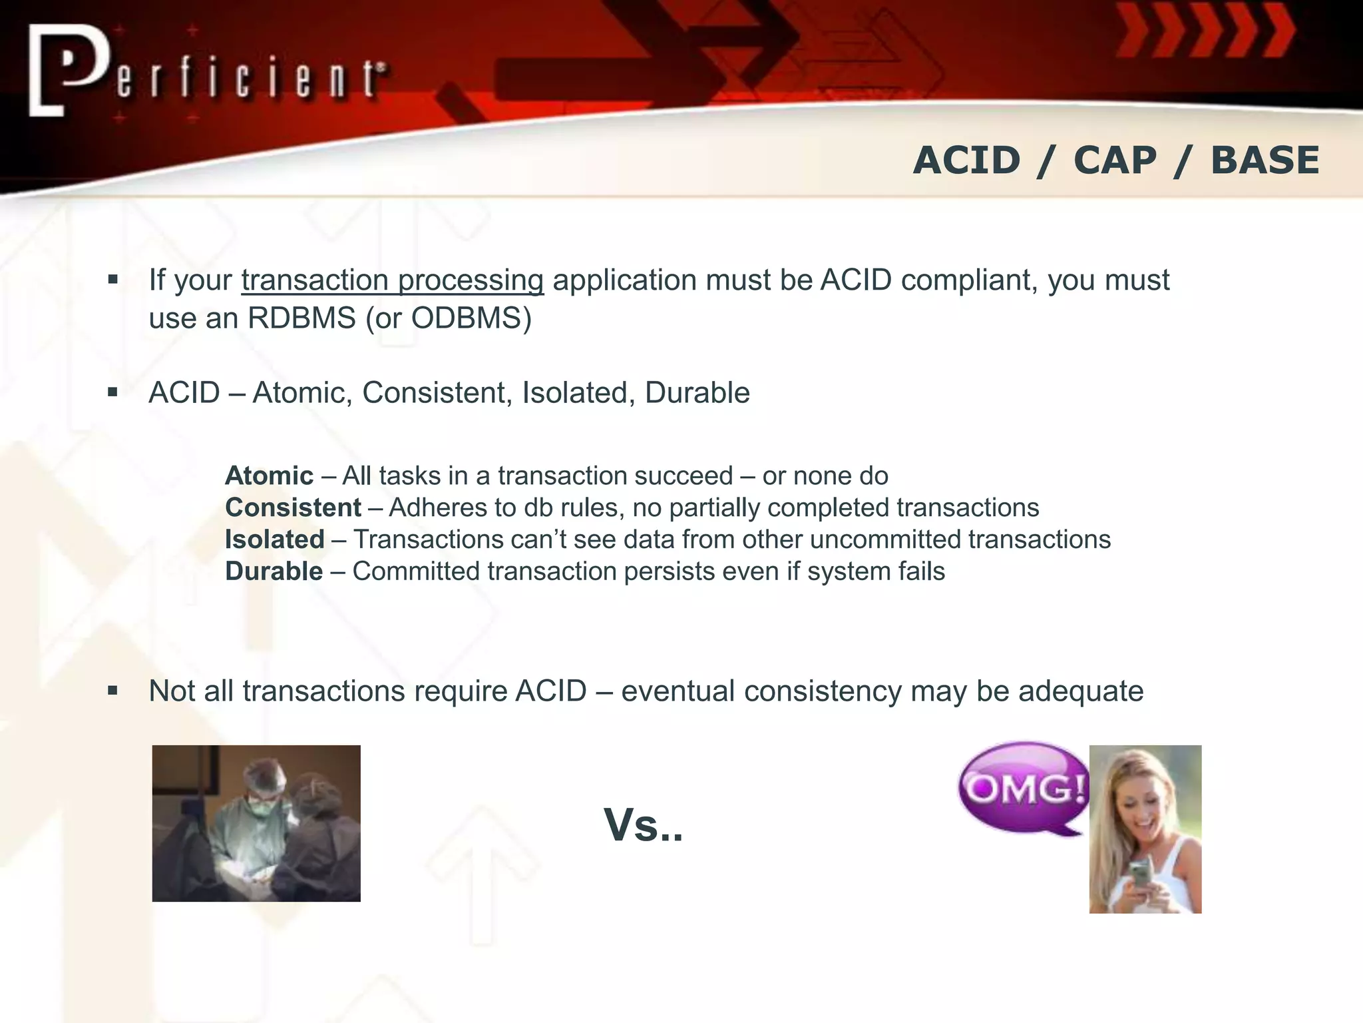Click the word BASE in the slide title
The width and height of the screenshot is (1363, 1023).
(x=1265, y=161)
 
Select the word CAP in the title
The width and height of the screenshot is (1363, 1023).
(x=1115, y=161)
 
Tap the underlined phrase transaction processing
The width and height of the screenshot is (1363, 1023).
(x=393, y=280)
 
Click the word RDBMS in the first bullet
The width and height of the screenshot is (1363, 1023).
(x=301, y=318)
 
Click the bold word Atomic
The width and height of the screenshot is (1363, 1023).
(x=269, y=476)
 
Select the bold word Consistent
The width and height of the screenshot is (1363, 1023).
(x=293, y=508)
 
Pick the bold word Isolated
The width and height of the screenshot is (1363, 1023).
(x=274, y=539)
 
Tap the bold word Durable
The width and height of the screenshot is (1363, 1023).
(x=274, y=571)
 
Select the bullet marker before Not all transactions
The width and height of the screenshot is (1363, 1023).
(x=112, y=691)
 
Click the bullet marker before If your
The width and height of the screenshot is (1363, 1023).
(x=112, y=280)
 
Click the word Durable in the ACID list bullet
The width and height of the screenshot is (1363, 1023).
(x=697, y=393)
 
